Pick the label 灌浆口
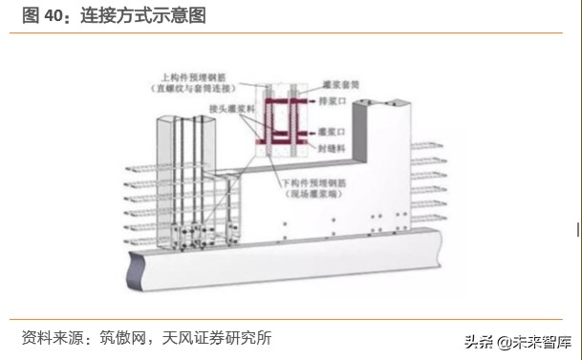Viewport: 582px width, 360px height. click(x=339, y=131)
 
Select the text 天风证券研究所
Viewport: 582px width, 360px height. click(x=222, y=338)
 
